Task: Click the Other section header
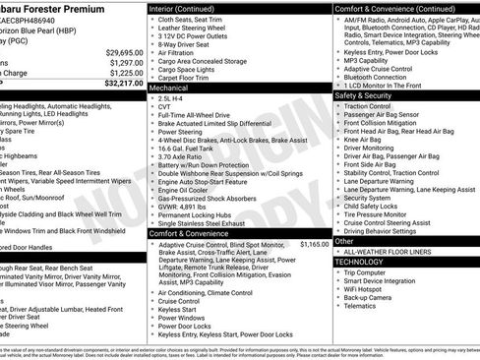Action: point(344,240)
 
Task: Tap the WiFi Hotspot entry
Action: point(369,289)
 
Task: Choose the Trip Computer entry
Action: point(371,271)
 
